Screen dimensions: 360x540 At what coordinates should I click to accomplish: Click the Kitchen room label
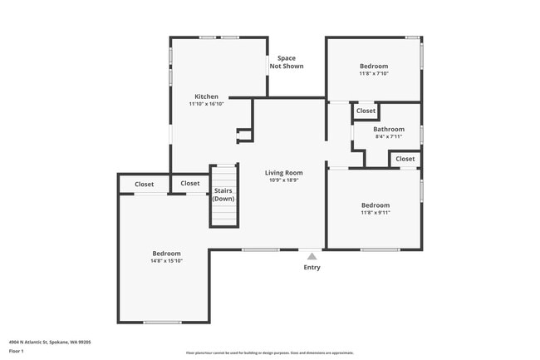206,96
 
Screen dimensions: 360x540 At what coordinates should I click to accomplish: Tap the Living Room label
283,173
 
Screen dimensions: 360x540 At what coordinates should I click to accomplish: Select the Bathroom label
388,129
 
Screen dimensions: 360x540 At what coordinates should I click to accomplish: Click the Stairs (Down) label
223,195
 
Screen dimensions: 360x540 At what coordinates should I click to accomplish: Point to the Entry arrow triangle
312,256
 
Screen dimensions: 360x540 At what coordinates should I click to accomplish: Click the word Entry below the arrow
312,268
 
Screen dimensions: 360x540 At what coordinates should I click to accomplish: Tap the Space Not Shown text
286,62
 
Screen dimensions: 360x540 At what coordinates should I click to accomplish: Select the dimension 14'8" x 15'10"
166,261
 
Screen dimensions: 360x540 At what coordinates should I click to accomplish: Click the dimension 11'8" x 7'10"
374,73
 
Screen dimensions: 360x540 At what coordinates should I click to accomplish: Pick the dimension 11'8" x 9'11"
375,213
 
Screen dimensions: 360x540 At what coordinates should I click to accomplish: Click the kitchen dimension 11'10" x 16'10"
206,104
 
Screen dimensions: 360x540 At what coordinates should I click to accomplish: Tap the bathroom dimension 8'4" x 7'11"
388,137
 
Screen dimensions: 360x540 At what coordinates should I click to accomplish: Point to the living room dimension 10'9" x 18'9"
283,180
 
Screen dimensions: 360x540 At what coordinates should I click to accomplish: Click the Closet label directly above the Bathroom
366,111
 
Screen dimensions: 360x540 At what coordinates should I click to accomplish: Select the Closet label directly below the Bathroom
405,159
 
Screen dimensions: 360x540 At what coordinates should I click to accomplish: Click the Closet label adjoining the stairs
190,184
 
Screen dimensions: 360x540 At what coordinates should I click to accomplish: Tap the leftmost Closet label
145,184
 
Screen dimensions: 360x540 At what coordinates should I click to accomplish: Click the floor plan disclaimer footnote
269,353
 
